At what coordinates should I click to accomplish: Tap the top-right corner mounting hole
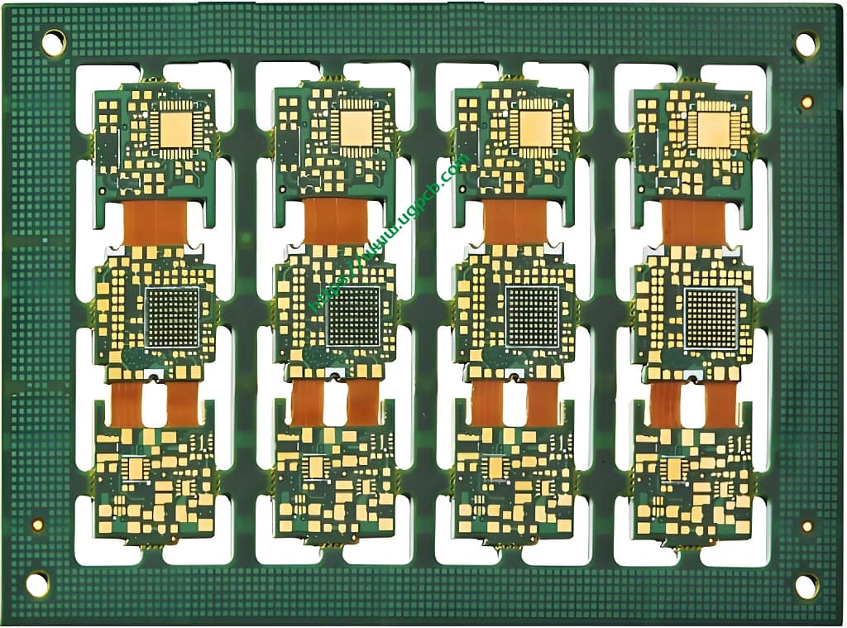[x=806, y=44]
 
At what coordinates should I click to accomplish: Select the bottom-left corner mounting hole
[x=37, y=584]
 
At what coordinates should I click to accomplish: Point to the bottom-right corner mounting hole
[x=806, y=586]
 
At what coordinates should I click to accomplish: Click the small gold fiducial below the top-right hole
[x=806, y=102]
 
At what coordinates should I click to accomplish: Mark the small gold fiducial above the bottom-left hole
[x=37, y=525]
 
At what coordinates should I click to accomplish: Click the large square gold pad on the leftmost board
[x=175, y=128]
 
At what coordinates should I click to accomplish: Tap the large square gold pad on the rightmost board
[x=713, y=129]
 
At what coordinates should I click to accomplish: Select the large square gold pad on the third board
[x=534, y=128]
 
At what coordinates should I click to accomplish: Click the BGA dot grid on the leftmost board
[x=173, y=317]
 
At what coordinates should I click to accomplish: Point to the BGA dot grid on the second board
[x=353, y=317]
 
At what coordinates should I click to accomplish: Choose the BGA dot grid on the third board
[x=533, y=317]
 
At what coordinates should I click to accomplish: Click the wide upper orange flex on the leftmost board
[x=155, y=223]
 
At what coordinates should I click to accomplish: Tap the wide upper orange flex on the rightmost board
[x=693, y=223]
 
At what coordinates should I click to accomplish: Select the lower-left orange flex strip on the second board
[x=306, y=403]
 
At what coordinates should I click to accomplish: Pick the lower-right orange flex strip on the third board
[x=543, y=403]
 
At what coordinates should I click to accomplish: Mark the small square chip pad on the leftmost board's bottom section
[x=136, y=469]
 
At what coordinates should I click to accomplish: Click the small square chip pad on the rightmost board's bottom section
[x=674, y=469]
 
